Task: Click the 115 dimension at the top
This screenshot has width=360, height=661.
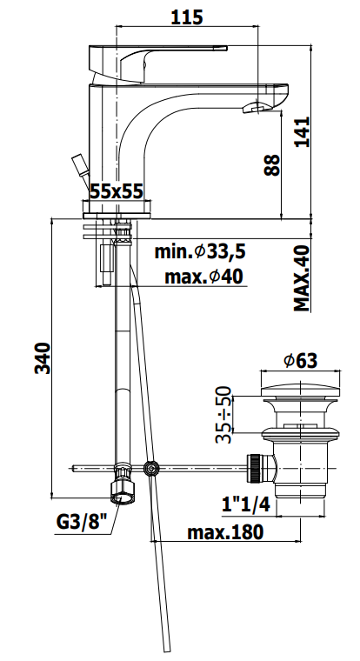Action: (187, 17)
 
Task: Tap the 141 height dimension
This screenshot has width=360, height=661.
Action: (302, 131)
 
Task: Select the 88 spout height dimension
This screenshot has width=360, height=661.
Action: (272, 165)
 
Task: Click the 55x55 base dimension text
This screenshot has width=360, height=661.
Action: (117, 192)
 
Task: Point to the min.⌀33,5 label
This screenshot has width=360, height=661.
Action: (200, 252)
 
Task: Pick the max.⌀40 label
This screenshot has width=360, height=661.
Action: (203, 277)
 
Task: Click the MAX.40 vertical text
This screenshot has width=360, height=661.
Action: (302, 278)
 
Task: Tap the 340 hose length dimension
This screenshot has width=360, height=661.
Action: (43, 358)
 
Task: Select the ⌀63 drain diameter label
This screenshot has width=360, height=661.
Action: (301, 361)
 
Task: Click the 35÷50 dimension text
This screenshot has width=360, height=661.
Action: (223, 414)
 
